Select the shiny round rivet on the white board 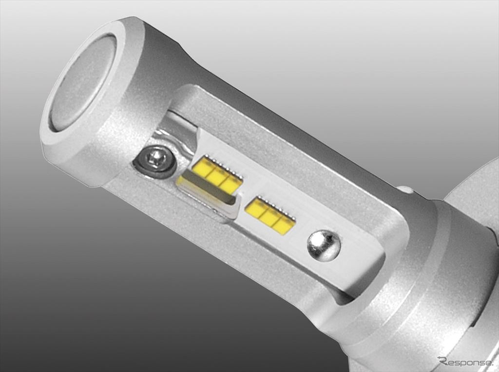click(324, 245)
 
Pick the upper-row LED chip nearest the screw click(201, 167)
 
